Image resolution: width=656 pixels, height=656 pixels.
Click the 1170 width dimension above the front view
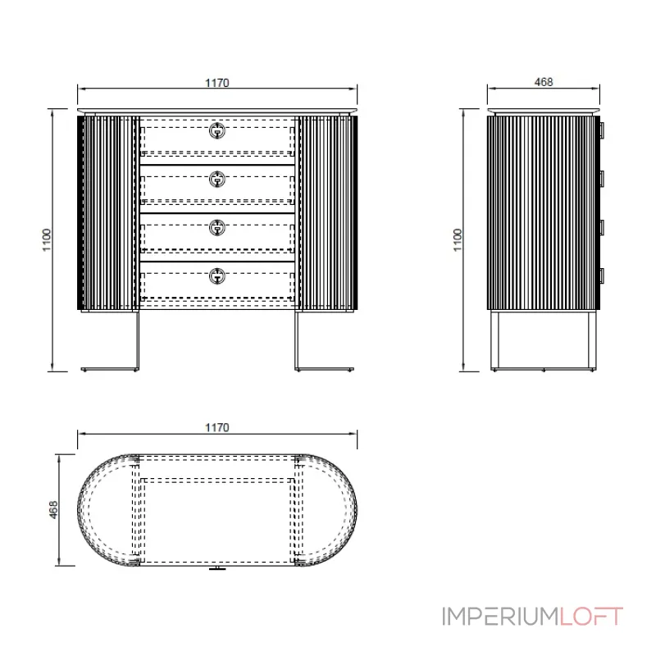click(x=216, y=82)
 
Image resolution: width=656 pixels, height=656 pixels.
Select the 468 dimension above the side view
click(x=543, y=82)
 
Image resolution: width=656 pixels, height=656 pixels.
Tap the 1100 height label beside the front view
click(x=47, y=240)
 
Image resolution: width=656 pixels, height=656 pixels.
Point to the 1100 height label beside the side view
click(x=458, y=240)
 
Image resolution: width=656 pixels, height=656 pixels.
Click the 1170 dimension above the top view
click(x=216, y=427)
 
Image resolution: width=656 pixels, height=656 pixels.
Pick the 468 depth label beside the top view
click(x=52, y=511)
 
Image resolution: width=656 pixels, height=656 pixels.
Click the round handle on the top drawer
click(x=217, y=130)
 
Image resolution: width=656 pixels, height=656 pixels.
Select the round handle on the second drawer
click(x=217, y=179)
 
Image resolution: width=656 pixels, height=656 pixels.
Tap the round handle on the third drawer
click(x=217, y=227)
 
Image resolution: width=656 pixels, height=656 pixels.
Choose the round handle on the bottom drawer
click(x=217, y=276)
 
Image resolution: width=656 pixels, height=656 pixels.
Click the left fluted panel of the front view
click(x=107, y=212)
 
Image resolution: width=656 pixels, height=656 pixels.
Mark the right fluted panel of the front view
click(x=328, y=212)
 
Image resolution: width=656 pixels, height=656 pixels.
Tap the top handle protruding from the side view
click(x=601, y=130)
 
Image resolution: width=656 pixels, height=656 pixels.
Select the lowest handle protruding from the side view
click(x=601, y=276)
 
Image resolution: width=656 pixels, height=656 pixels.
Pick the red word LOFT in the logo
click(x=592, y=616)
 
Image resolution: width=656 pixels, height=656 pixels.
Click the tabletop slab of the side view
click(x=543, y=111)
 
